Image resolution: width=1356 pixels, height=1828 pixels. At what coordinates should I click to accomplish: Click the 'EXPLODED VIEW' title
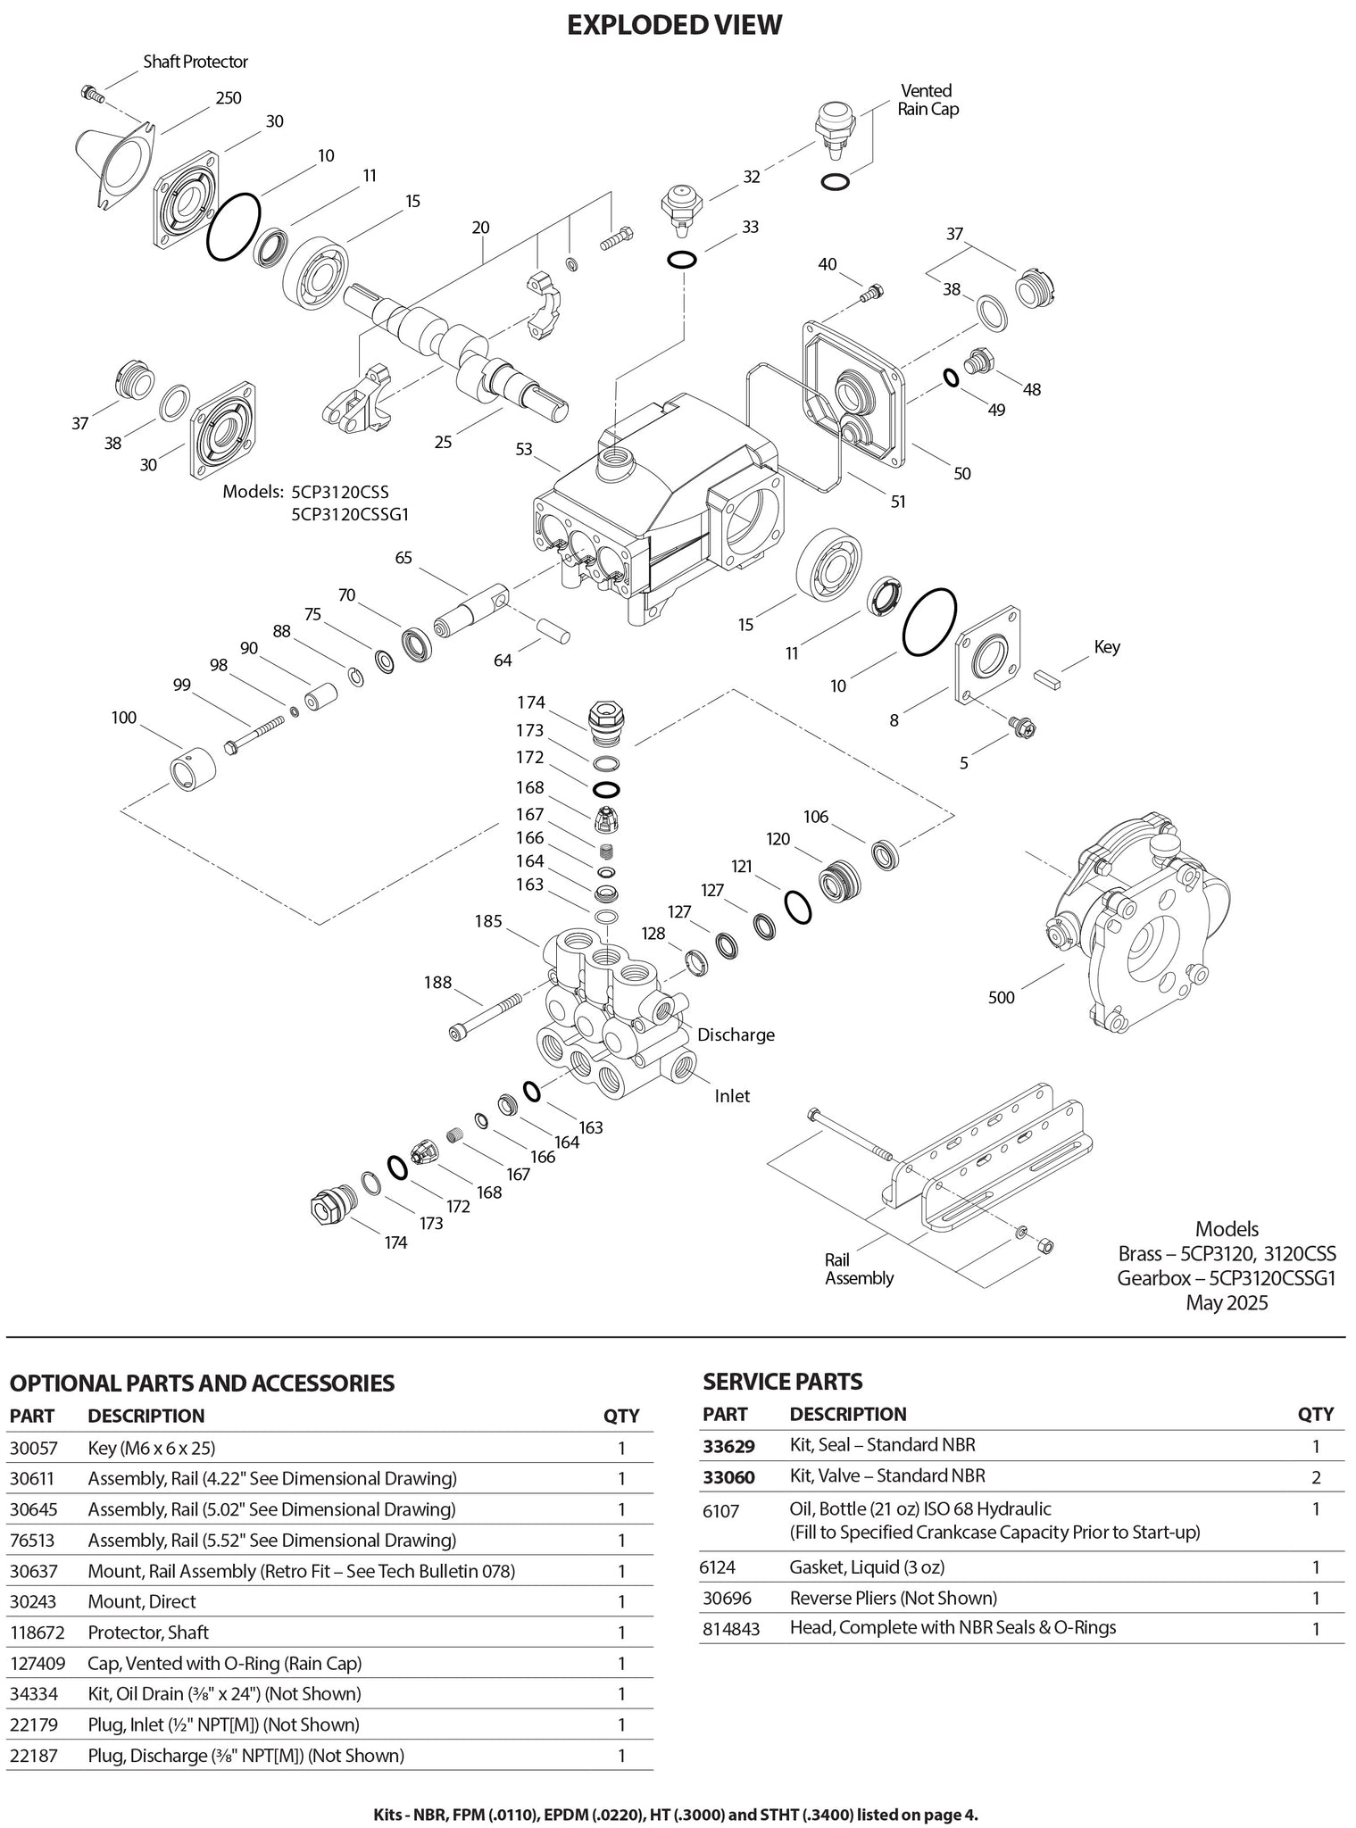pyautogui.click(x=675, y=25)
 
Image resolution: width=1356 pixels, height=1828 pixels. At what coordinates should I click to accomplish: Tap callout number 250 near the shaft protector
pyautogui.click(x=229, y=98)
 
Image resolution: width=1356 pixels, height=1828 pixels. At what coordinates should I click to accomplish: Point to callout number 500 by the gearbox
pyautogui.click(x=1002, y=997)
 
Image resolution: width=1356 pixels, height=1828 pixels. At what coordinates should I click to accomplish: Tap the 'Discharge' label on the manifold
pyautogui.click(x=736, y=1034)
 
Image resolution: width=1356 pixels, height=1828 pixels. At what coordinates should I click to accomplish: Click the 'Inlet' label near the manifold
pyautogui.click(x=732, y=1096)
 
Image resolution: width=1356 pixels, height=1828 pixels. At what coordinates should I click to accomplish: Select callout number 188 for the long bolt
pyautogui.click(x=437, y=982)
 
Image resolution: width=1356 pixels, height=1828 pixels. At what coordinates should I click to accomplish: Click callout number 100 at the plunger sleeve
pyautogui.click(x=124, y=718)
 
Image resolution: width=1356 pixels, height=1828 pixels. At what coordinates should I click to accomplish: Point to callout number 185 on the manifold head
pyautogui.click(x=488, y=921)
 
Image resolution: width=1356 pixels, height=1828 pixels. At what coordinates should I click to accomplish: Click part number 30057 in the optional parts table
pyautogui.click(x=32, y=1448)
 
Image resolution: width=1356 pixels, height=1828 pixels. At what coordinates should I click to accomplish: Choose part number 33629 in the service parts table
pyautogui.click(x=728, y=1445)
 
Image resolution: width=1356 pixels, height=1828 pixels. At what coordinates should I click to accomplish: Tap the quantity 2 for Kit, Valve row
pyautogui.click(x=1316, y=1477)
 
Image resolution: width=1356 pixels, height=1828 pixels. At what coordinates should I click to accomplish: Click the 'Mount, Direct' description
pyautogui.click(x=142, y=1601)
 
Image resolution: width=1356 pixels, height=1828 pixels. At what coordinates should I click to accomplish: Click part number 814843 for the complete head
pyautogui.click(x=731, y=1628)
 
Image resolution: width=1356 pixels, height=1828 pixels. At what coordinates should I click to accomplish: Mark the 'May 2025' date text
pyautogui.click(x=1226, y=1302)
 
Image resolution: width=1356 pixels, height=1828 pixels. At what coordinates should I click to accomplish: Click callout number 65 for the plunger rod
pyautogui.click(x=403, y=558)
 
